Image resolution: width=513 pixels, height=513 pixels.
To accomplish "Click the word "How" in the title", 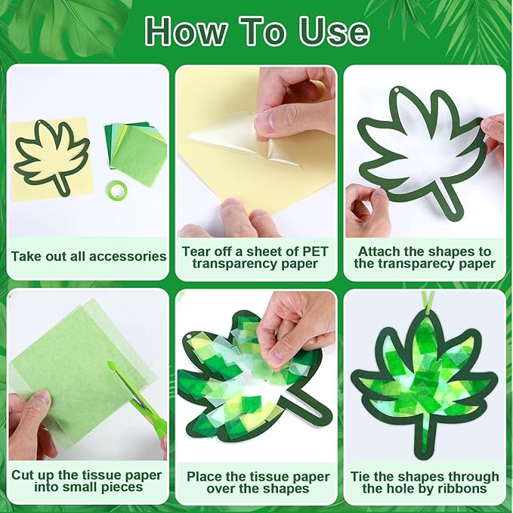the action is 186,32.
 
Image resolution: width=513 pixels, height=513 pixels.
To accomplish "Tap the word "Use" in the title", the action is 334,32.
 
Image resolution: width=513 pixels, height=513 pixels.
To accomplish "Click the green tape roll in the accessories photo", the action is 117,190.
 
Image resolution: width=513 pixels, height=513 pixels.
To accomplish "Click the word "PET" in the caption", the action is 315,252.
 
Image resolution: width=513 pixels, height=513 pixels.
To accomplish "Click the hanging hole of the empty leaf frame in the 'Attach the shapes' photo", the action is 397,90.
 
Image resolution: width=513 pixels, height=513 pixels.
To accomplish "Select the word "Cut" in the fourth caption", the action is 24,475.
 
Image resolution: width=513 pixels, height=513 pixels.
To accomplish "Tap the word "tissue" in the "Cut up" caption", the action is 103,475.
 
